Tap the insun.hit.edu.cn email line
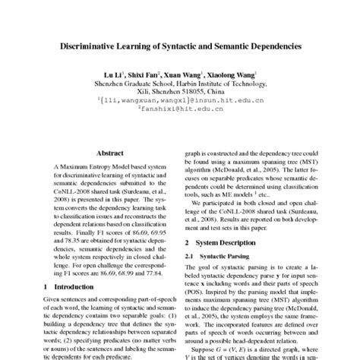(180, 99)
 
